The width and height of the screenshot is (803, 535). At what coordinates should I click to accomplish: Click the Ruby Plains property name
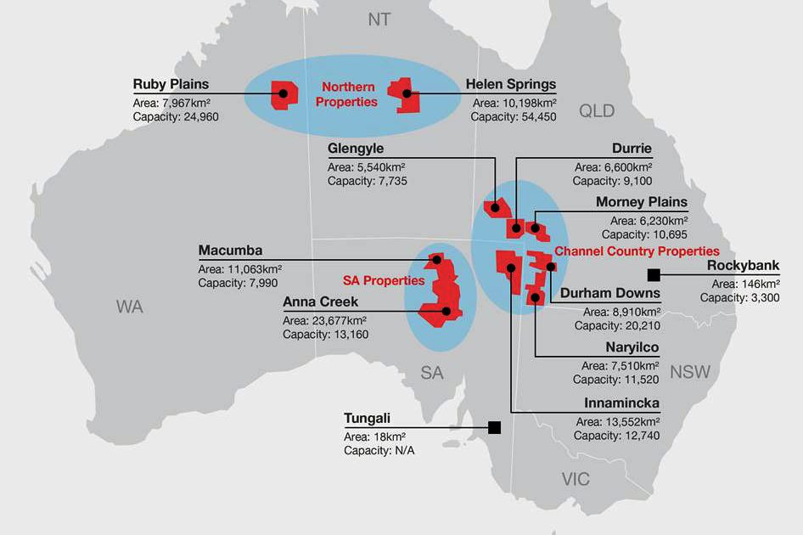coord(171,84)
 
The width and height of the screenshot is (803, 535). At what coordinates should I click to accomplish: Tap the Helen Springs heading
coord(511,84)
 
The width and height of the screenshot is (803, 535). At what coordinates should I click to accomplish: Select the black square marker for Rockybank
coord(654,273)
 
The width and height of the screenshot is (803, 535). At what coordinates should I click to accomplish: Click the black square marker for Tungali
coord(494,426)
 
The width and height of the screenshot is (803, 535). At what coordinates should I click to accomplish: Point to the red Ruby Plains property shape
coord(280,94)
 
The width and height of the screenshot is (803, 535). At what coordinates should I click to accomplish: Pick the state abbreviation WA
coord(130,307)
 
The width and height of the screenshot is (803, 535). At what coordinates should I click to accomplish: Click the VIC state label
coord(576,480)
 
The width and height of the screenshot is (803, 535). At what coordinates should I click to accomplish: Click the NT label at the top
coord(379,19)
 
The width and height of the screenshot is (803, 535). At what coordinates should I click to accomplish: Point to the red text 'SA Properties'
coord(384,280)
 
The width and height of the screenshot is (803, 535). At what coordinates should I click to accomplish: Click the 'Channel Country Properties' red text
coord(637,251)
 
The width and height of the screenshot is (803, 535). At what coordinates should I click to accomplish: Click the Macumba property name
coord(230,251)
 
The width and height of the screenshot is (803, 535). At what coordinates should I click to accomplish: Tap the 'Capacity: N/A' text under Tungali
coord(379,450)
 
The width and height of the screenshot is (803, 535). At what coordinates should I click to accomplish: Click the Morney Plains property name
coord(642,202)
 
